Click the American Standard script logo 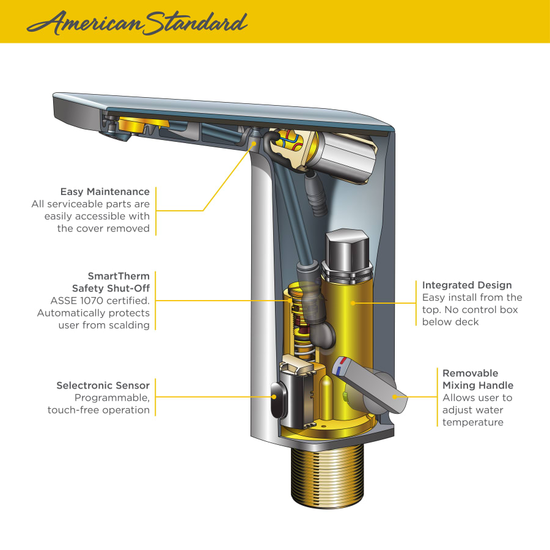(137, 23)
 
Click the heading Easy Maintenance (105, 191)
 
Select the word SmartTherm (119, 276)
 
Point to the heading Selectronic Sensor (103, 386)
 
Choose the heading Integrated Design (467, 285)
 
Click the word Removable (470, 373)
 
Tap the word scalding (129, 326)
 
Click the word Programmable (112, 398)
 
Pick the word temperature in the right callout (473, 422)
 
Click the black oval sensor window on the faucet (278, 400)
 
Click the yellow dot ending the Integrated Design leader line (353, 303)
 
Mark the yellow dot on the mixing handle (395, 397)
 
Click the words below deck (450, 322)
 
